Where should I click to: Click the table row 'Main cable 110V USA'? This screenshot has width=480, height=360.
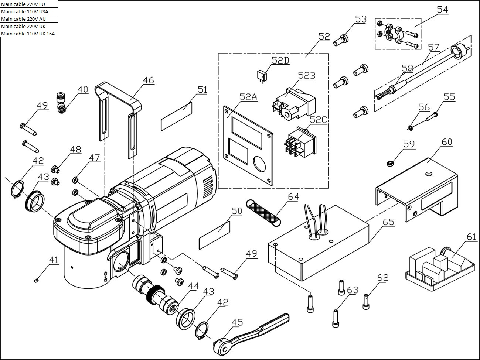(29, 11)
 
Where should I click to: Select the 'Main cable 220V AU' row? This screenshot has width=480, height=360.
(29, 19)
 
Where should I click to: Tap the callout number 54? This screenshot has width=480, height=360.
(442, 10)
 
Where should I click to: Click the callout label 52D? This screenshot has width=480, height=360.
(280, 60)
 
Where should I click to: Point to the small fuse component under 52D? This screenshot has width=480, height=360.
(262, 77)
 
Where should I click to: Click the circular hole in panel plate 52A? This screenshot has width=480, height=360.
(259, 164)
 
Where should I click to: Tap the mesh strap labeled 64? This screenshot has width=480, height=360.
(263, 213)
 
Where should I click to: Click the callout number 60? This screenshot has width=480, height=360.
(447, 142)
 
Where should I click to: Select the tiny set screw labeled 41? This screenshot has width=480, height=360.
(37, 281)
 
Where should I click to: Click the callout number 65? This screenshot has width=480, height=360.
(389, 222)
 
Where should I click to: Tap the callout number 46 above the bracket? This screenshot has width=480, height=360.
(149, 80)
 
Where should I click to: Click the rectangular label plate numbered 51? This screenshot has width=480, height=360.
(176, 116)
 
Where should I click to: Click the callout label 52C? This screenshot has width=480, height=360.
(319, 120)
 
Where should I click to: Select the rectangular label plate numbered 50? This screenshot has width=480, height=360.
(215, 235)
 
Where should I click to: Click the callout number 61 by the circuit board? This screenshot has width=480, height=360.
(471, 237)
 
